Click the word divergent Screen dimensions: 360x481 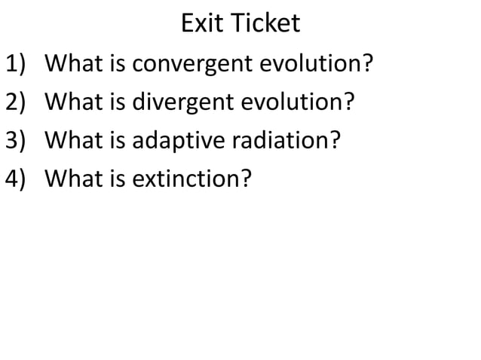(x=185, y=101)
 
